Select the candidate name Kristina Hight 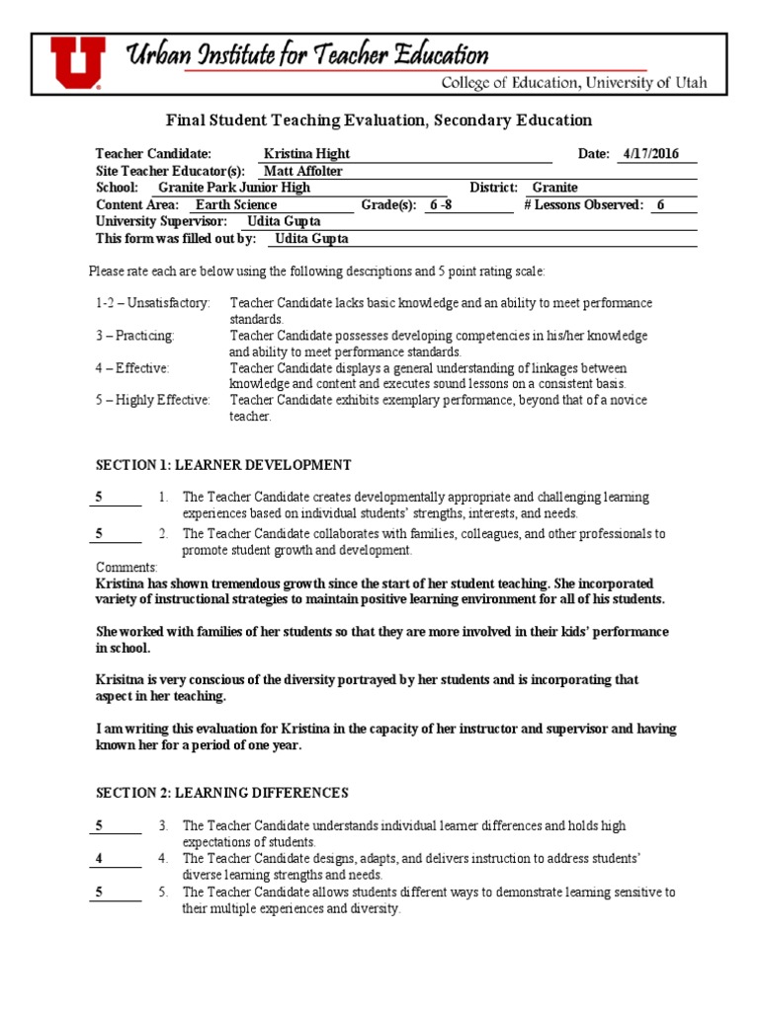pos(306,154)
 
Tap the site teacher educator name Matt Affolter pos(303,171)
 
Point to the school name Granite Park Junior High pos(234,188)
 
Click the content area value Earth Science pos(236,204)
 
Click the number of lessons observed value pos(661,204)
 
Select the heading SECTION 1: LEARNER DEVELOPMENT pos(223,465)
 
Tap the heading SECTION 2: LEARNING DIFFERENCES pos(222,793)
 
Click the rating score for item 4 pos(99,859)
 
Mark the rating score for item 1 pos(99,498)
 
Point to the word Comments pos(126,568)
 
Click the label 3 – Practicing pos(134,336)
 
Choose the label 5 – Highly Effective pos(153,400)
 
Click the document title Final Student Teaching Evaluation pos(378,120)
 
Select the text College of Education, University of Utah pos(573,83)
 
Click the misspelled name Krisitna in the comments pos(121,680)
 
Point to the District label pos(494,188)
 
